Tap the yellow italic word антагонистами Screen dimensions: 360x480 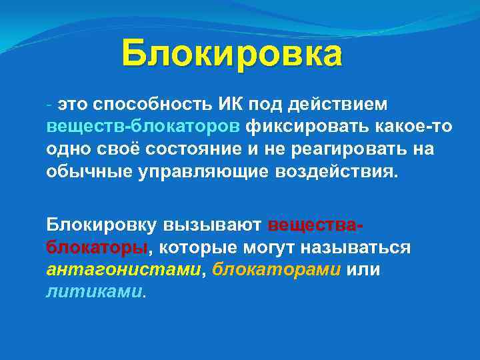pyautogui.click(x=123, y=269)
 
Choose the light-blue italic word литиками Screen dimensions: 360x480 pyautogui.click(x=93, y=291)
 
